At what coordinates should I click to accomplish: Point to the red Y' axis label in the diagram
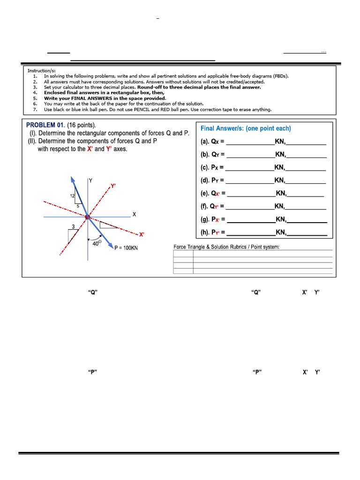[x=113, y=186]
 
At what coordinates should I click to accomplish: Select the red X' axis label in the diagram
[x=142, y=234]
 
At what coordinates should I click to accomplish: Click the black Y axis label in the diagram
[x=90, y=180]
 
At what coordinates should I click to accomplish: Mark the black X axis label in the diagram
[x=134, y=214]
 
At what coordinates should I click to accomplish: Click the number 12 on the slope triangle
[x=73, y=196]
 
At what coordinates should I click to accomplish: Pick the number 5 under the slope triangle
[x=78, y=206]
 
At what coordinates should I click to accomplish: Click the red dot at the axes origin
[x=87, y=217]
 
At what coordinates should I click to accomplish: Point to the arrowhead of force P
[x=111, y=245]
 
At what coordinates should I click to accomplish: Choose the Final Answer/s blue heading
[x=246, y=128]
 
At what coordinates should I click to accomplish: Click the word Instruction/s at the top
[x=40, y=71]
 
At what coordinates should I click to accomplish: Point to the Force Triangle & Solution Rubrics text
[x=226, y=247]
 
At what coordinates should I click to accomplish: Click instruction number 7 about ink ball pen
[x=157, y=110]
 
